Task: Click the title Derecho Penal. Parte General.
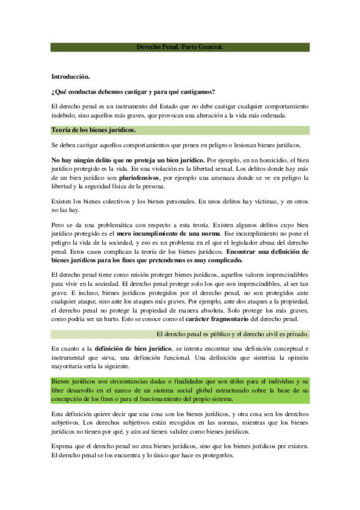[180, 46]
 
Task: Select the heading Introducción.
[70, 77]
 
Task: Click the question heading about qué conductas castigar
[133, 91]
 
